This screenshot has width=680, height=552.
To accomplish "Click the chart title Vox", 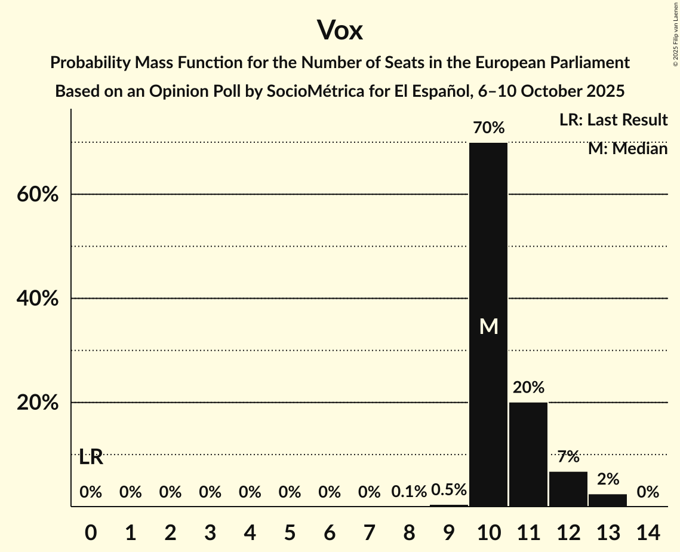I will tap(340, 30).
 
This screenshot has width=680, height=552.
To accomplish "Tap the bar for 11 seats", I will tap(528, 454).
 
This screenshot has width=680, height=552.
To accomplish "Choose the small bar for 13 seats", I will tap(608, 500).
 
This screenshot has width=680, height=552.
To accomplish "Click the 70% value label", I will tap(488, 128).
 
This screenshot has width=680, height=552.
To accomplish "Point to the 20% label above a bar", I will tap(528, 388).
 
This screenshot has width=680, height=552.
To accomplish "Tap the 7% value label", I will tap(568, 457).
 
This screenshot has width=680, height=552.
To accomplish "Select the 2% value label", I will tap(608, 479).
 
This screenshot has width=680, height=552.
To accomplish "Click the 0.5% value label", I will tap(449, 490).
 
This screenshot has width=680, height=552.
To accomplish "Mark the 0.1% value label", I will tap(409, 492).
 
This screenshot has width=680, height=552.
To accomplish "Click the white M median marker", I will tap(488, 327).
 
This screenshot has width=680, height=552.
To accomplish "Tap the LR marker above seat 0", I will tap(91, 458).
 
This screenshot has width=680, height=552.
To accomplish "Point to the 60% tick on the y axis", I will tap(36, 195).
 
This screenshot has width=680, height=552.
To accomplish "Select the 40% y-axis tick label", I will tap(36, 299).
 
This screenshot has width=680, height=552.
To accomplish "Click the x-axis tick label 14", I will tap(648, 531).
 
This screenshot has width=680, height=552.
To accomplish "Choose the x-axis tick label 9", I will tap(449, 531).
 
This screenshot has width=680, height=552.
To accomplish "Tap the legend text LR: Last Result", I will tap(613, 120).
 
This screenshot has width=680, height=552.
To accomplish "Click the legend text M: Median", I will tap(627, 149).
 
